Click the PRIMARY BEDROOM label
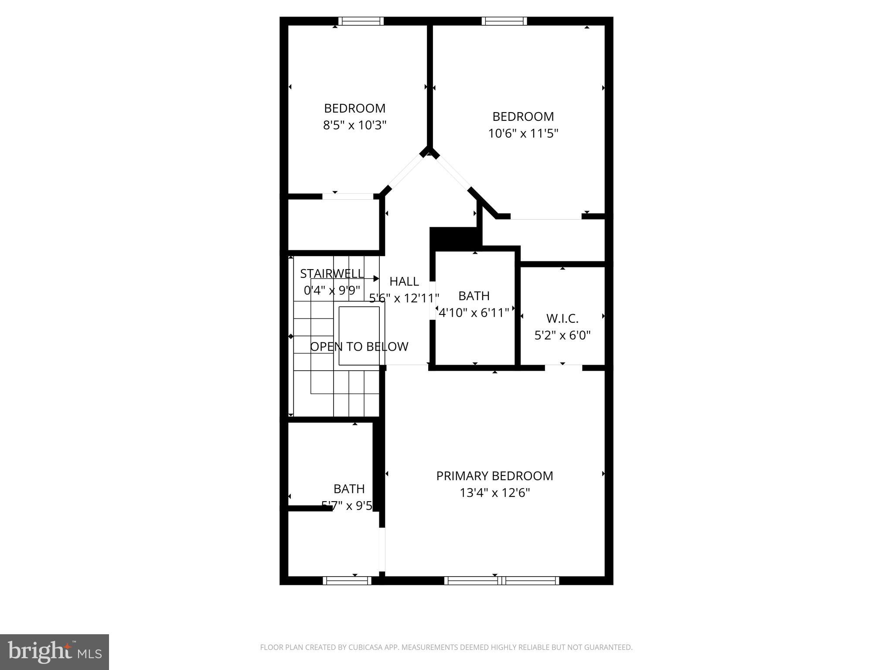coord(494,476)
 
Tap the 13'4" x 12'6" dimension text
coord(494,493)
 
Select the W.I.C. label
coord(562,319)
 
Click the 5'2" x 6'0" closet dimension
coord(562,335)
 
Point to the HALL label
coord(404,281)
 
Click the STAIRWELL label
coord(331,273)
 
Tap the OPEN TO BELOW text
coord(359,347)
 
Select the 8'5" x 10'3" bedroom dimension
coord(354,126)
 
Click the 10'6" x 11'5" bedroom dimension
coord(523,133)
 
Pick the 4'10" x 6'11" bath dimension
coord(474,313)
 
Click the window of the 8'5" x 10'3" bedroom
coord(361,21)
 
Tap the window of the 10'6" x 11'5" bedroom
coord(504,21)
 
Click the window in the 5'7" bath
coord(347,581)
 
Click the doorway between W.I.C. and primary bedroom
coord(563,368)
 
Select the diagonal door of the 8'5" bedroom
coord(406,173)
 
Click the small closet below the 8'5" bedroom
coord(334,225)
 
